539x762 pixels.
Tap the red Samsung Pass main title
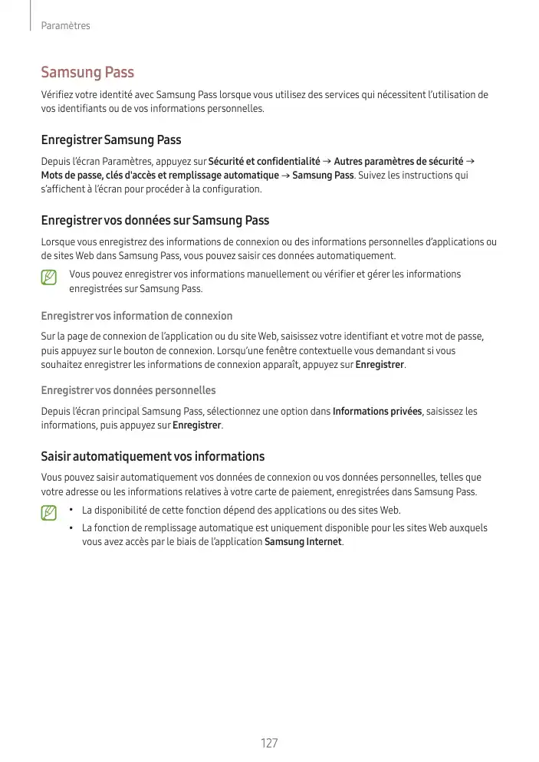pyautogui.click(x=87, y=72)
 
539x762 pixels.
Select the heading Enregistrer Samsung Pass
pyautogui.click(x=111, y=140)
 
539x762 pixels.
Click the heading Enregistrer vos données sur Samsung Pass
pyautogui.click(x=155, y=221)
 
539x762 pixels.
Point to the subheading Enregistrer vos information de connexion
pyautogui.click(x=136, y=316)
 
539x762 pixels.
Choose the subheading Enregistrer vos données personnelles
pyautogui.click(x=128, y=391)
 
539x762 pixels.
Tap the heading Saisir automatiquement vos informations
pyautogui.click(x=153, y=457)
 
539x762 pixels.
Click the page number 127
pyautogui.click(x=269, y=744)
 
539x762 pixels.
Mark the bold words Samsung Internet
pyautogui.click(x=303, y=543)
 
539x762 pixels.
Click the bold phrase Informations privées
pyautogui.click(x=377, y=412)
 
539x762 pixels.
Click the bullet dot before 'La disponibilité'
pyautogui.click(x=71, y=510)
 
